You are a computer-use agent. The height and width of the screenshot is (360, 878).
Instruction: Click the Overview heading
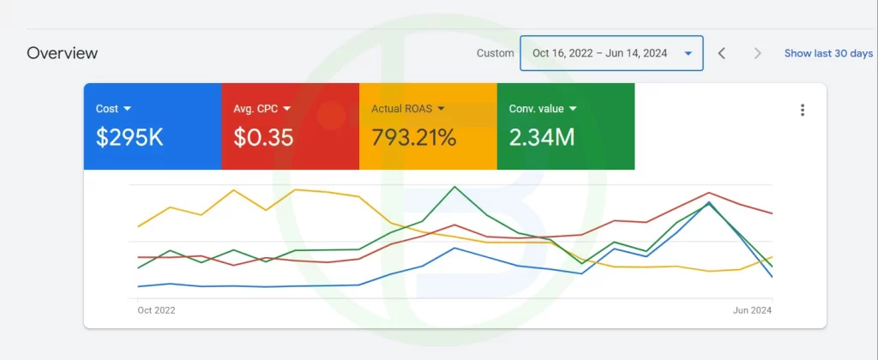tap(63, 53)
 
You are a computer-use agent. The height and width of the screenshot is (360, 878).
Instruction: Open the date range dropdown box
tap(611, 53)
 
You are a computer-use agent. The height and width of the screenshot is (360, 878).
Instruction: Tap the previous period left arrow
tap(722, 53)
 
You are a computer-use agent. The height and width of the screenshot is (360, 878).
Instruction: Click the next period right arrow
tap(757, 53)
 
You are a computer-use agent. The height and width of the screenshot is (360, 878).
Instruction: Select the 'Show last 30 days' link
tap(828, 53)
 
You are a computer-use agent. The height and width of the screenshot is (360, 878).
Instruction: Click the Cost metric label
tap(107, 109)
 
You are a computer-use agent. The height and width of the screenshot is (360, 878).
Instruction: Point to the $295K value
tap(129, 137)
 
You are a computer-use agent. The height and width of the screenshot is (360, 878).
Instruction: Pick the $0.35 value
tap(263, 137)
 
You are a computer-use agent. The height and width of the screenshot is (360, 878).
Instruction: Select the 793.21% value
tap(413, 137)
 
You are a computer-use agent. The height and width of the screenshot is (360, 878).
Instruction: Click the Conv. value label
tap(537, 109)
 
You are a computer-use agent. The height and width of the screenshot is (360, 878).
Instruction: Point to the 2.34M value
tap(542, 137)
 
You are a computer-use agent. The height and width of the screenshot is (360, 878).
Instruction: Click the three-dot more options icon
tap(803, 110)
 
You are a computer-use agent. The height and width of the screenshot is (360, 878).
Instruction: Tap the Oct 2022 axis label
tap(156, 310)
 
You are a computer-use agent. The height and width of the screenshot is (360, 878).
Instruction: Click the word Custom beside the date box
tap(496, 53)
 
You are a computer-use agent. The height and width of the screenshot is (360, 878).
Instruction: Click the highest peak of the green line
tap(454, 187)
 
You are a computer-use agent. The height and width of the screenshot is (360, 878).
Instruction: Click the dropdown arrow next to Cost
tap(128, 109)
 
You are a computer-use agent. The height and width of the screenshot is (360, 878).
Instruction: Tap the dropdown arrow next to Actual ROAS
tap(442, 109)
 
